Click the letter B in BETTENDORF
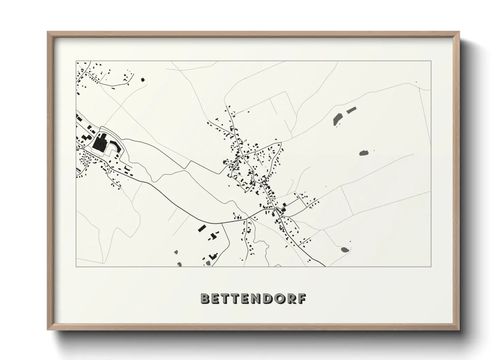205,299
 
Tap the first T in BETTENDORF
226,299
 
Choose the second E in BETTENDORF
248,299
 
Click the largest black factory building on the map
100,143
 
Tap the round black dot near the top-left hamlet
143,80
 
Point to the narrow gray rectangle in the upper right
351,110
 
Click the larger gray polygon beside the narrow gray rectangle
337,119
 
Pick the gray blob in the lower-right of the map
345,249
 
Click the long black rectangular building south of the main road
202,228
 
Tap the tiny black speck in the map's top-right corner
416,82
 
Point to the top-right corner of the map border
431,61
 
